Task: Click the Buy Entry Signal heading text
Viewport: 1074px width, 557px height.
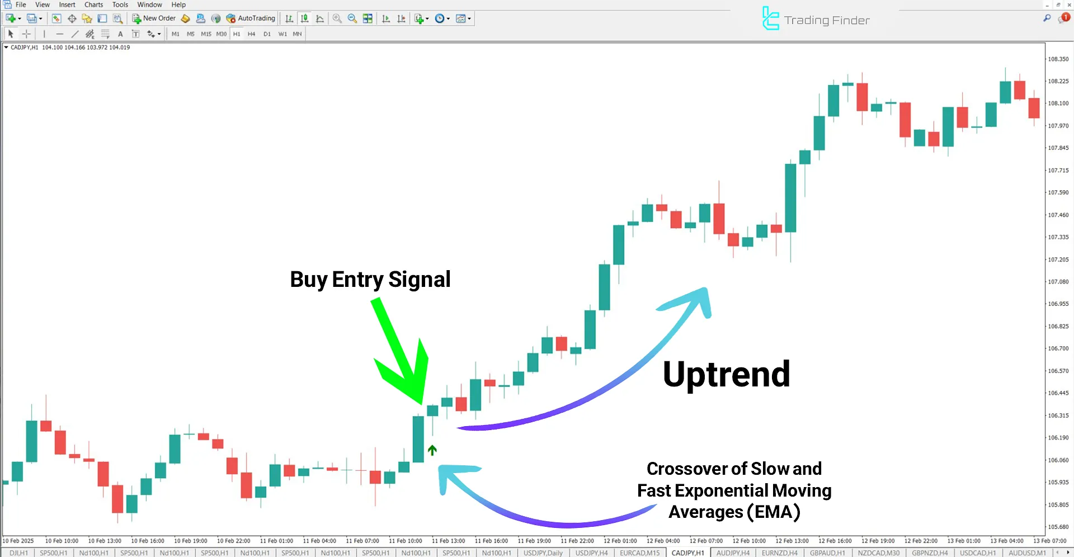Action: pos(370,280)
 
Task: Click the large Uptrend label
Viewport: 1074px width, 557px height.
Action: pos(726,374)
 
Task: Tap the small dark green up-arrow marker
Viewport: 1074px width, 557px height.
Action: pos(432,450)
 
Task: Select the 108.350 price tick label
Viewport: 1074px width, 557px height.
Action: pos(1058,59)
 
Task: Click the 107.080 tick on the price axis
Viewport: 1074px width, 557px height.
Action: pos(1058,282)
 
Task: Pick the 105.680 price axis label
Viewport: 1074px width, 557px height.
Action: pos(1058,527)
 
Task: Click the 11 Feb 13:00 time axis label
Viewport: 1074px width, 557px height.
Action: pos(448,541)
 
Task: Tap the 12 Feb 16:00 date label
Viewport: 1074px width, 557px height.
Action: pos(835,541)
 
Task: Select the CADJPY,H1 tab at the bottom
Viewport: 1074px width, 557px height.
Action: pos(687,553)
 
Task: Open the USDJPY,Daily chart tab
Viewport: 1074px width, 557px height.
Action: pos(543,553)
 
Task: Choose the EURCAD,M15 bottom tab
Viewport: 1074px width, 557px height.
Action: pos(639,553)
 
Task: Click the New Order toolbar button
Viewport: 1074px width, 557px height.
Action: pos(154,18)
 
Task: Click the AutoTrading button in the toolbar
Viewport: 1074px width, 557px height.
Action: pos(251,18)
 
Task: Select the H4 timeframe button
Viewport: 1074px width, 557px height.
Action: pos(251,34)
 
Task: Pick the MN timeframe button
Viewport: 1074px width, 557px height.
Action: pos(297,34)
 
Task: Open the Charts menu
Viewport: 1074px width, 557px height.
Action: pos(93,4)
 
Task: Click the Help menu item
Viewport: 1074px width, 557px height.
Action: pos(178,4)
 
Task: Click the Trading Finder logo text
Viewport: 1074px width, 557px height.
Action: pos(826,21)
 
